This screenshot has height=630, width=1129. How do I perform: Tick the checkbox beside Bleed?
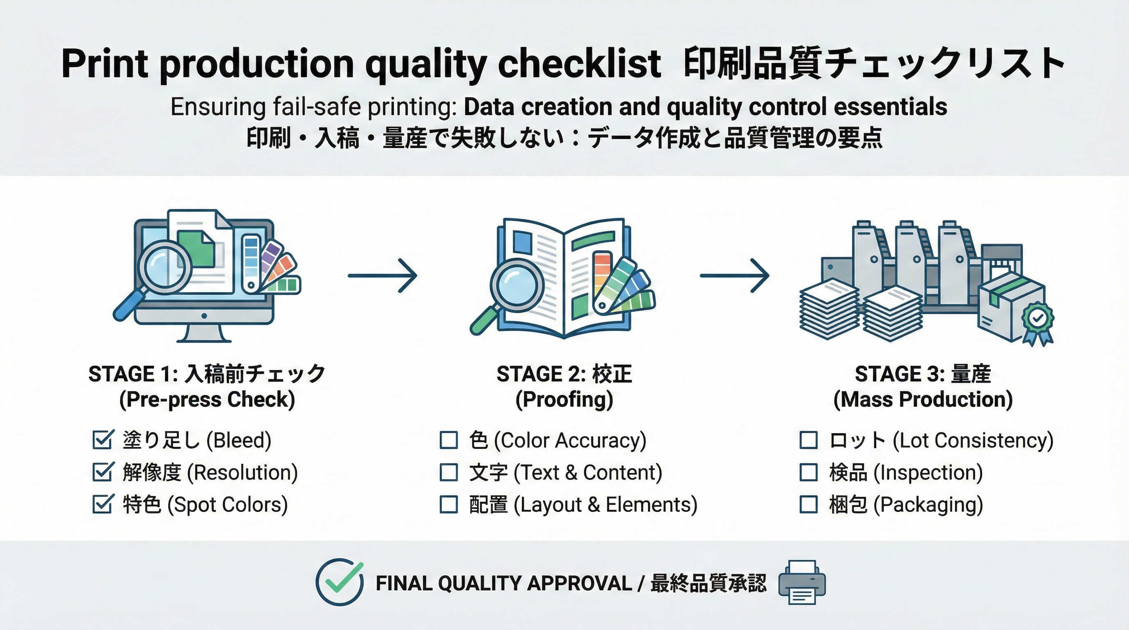point(103,440)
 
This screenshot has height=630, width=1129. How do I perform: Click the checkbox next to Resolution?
point(103,472)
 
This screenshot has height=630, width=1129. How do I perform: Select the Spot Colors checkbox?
point(103,504)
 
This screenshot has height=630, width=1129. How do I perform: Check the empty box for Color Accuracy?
point(448,440)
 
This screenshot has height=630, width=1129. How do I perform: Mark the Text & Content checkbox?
point(448,472)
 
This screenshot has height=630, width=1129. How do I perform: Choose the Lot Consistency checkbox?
point(809,440)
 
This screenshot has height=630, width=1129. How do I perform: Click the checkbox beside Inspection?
point(809,472)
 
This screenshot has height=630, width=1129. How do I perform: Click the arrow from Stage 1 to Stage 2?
point(382,276)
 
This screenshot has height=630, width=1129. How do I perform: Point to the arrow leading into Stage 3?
point(735,276)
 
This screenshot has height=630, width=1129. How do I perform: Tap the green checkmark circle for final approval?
point(340,582)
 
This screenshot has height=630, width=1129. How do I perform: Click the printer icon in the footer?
point(802,583)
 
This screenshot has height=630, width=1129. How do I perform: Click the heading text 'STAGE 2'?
point(541,374)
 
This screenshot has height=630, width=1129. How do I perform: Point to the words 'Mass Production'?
point(923,399)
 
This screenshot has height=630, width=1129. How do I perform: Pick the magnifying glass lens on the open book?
point(517,285)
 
